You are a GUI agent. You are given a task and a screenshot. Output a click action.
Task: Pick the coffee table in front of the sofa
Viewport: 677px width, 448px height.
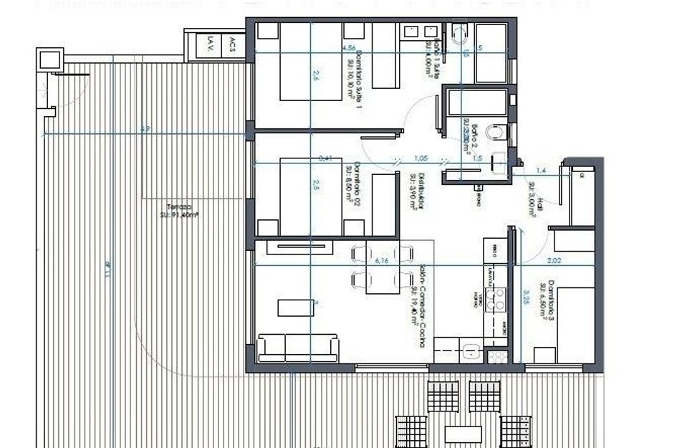(297, 306)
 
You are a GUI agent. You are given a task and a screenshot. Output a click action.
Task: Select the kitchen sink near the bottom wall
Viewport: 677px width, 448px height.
(471, 351)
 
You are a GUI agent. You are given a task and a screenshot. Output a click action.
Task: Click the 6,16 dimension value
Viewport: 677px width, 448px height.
(382, 261)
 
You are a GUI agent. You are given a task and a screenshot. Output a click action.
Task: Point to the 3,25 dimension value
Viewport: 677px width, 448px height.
(526, 296)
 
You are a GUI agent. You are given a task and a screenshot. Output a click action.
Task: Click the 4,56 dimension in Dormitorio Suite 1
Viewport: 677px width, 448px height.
(350, 48)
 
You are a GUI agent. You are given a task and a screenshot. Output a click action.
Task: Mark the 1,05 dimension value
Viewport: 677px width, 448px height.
(421, 158)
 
